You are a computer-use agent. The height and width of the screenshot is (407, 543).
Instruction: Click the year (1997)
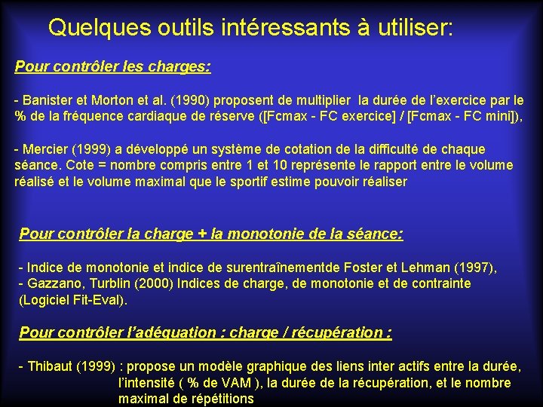coord(471,268)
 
